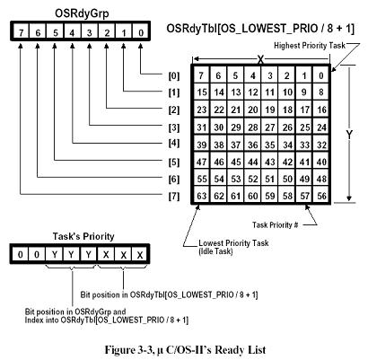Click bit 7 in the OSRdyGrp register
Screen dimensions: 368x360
(21, 31)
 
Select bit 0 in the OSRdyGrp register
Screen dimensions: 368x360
(141, 31)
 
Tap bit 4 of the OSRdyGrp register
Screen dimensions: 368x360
(72, 31)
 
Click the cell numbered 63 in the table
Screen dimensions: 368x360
(201, 196)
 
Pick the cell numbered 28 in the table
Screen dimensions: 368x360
(253, 127)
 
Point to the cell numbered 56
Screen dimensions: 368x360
(321, 196)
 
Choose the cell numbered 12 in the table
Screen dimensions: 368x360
(253, 92)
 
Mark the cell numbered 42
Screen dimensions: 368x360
(287, 162)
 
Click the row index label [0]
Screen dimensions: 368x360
(174, 75)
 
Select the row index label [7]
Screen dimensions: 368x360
(174, 197)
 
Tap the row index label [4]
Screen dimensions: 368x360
(174, 143)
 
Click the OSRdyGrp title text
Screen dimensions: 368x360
(82, 13)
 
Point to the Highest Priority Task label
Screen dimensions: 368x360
(310, 46)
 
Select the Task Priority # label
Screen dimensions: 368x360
(275, 224)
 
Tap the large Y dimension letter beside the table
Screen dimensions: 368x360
(349, 135)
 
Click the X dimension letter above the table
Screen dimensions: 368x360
(260, 60)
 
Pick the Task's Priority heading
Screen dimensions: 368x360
(83, 236)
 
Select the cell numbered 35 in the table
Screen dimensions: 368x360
(270, 145)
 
